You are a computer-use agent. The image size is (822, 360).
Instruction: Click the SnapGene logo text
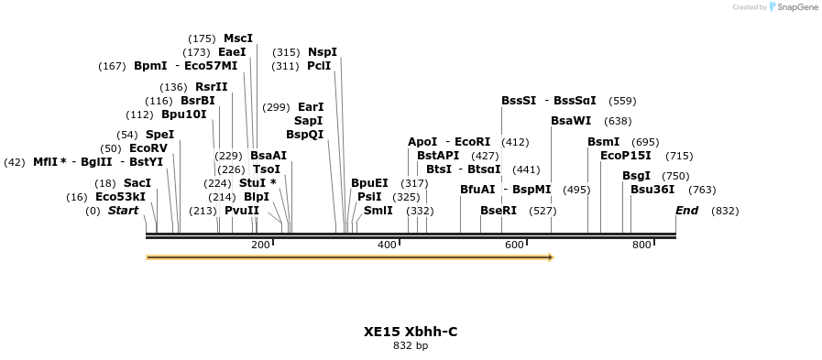coord(794,6)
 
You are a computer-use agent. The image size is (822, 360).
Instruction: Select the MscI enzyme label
coord(238,38)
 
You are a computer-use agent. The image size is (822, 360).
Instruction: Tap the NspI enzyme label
coord(323,52)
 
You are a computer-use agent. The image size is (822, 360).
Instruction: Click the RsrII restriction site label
coord(212,87)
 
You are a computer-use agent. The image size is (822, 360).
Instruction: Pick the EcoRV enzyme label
coord(148,148)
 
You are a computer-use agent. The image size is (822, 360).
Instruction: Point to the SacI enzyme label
coord(137,183)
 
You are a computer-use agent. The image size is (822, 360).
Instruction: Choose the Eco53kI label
coord(121,197)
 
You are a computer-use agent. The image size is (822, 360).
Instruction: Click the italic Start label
coord(124,211)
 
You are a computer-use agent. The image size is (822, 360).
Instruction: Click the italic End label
coord(687,211)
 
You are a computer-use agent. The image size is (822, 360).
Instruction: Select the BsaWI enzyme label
coord(571,121)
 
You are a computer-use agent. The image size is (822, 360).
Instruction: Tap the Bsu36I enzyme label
coord(652,190)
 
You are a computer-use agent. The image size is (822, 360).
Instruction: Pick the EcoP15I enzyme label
coord(626,156)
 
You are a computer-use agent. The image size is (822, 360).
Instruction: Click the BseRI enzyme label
coord(499,211)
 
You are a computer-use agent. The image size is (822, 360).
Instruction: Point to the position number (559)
coord(622,101)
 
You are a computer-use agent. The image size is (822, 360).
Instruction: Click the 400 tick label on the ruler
coord(387,245)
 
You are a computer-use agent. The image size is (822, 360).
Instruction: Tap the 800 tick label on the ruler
coord(641,245)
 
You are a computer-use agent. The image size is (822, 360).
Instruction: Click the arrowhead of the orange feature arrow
coord(551,257)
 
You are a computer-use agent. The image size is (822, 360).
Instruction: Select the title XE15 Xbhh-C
coord(411,332)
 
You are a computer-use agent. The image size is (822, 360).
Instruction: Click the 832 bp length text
coord(411,346)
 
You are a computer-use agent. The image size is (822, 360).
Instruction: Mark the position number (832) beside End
coord(725,211)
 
